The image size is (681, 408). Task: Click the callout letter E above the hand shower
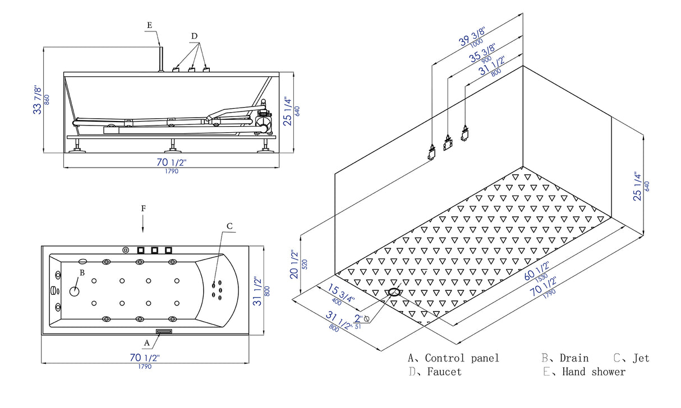(149, 25)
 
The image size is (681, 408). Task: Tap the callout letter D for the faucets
(194, 36)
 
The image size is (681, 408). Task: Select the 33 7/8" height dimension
(38, 100)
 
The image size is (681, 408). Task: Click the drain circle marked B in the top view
(75, 291)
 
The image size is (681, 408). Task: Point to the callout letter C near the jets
(229, 226)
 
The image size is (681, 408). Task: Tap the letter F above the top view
(143, 208)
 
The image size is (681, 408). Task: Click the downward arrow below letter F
(143, 224)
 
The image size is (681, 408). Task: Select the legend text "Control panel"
(462, 358)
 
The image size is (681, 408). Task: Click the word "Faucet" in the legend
(444, 372)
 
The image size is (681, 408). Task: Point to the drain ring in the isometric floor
(394, 293)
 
